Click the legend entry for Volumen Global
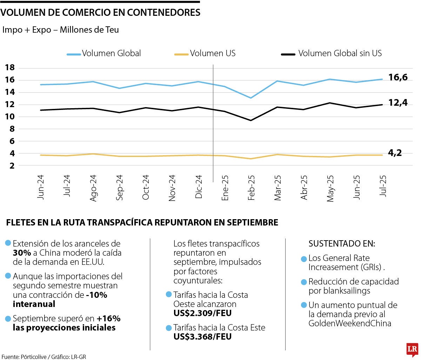(111, 53)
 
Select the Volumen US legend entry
(213, 53)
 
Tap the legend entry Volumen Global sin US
(340, 53)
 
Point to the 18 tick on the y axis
(10, 68)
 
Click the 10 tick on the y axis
(10, 117)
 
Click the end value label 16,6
(398, 77)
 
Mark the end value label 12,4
(398, 103)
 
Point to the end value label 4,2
(395, 153)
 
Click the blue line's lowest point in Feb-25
(251, 98)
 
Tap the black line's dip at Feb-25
(251, 120)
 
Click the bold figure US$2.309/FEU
(202, 313)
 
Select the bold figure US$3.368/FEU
(202, 336)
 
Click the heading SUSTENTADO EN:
(342, 244)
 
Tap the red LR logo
(412, 349)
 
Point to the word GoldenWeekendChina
(350, 323)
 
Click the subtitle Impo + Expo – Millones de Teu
(60, 30)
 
